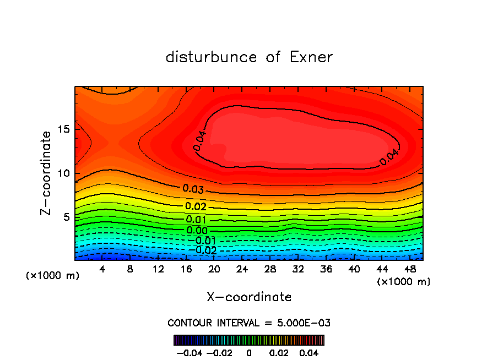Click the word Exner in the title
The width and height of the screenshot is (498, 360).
pos(311,57)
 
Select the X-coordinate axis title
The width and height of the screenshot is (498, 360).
pos(249,297)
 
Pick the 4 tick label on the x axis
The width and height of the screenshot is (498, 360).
pos(102,269)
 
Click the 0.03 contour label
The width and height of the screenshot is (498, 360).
pos(193,189)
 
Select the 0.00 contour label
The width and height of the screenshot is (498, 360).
pos(197,230)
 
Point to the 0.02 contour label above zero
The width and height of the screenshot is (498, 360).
pos(196,206)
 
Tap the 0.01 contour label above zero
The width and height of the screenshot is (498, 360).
pos(196,220)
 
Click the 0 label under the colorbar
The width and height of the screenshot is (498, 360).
pos(249,352)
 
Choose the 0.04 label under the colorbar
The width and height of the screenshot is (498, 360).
pos(309,352)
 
